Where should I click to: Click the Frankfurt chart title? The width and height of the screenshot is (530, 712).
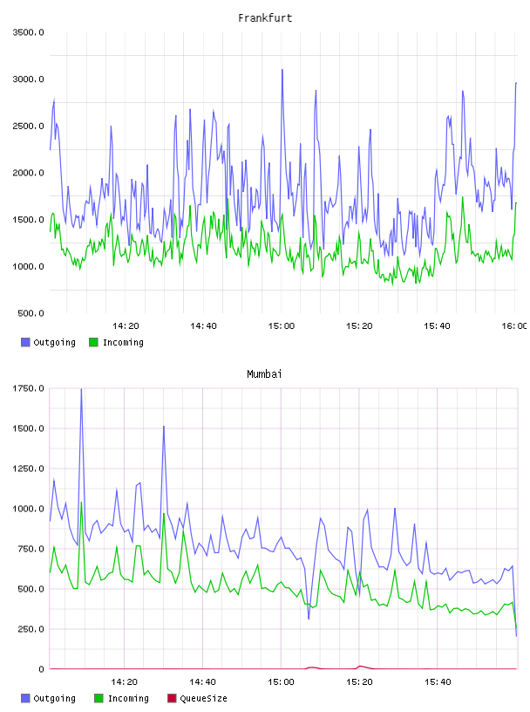265,18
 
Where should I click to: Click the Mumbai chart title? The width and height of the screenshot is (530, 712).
264,374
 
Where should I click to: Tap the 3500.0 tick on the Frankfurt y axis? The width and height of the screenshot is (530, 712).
28,32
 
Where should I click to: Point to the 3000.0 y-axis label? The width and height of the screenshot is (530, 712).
28,79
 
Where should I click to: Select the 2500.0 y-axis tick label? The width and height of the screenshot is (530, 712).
28,126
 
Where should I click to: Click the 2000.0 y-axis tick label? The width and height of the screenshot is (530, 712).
28,173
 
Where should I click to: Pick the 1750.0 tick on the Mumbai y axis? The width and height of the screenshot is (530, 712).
28,388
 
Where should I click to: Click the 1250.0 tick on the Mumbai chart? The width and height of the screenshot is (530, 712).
28,469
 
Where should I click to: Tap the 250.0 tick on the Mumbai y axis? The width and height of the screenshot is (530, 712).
31,629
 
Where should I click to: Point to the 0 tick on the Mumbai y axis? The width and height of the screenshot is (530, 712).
41,669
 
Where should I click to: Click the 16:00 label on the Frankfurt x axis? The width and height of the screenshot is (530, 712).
514,325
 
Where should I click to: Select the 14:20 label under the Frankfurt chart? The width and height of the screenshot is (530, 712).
126,325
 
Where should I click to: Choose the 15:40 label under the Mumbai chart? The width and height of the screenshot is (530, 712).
438,681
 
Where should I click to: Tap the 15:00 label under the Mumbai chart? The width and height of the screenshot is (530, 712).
281,681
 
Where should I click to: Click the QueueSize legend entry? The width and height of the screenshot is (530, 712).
197,698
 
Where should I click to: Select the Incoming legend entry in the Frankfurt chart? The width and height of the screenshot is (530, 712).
116,342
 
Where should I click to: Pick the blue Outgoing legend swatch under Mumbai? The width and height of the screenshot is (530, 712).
25,698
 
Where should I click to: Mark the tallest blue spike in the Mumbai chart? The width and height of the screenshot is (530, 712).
81,389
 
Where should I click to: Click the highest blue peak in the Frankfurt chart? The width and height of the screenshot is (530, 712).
282,70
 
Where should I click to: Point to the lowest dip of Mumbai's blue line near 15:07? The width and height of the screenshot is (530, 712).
309,619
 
